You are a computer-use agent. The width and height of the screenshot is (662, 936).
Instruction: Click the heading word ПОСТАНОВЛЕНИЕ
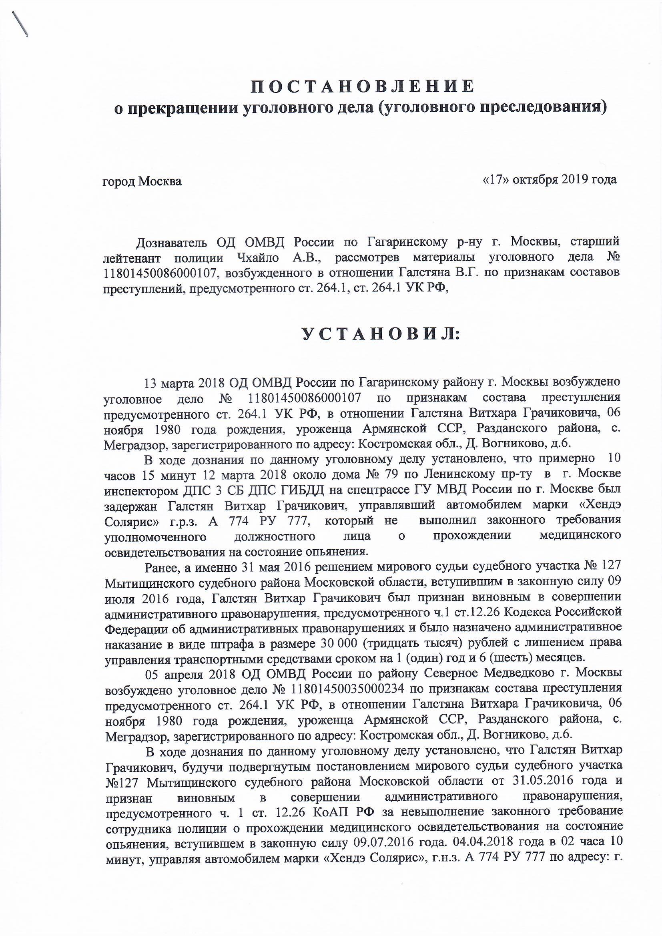point(362,86)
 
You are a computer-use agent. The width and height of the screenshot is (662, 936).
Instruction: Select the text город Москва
point(142,181)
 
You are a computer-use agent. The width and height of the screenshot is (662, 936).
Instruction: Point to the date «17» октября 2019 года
point(549,179)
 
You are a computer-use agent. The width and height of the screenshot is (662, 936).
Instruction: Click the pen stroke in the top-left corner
point(20,24)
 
